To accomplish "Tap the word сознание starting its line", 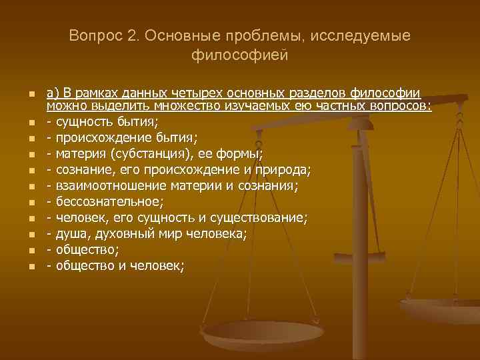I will pyautogui.click(x=84, y=170).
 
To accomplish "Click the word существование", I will pyautogui.click(x=258, y=218).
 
